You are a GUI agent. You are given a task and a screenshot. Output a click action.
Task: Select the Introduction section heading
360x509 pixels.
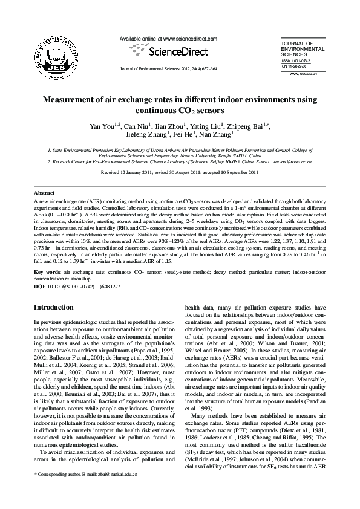tap(53, 308)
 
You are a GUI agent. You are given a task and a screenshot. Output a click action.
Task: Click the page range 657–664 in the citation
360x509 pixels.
tap(208, 69)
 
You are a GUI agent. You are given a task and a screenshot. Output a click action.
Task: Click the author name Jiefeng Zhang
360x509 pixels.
tap(147, 135)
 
